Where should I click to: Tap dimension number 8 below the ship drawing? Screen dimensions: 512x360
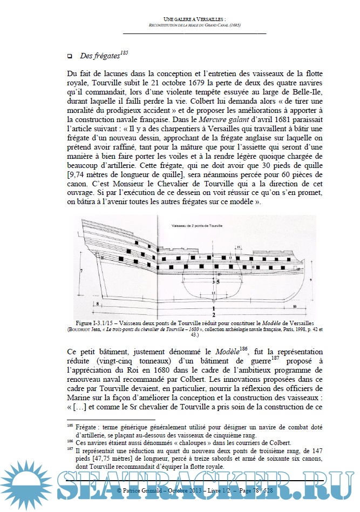[97, 304]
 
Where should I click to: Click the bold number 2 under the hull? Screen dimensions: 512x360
[214, 314]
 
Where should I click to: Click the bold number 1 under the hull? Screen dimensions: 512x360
[214, 306]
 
